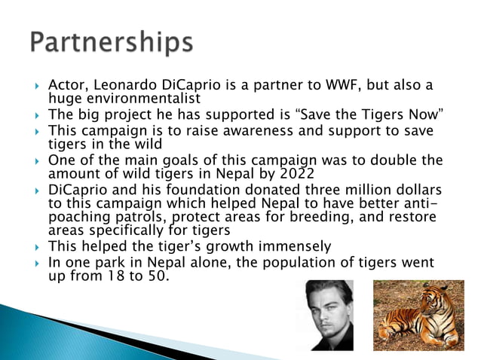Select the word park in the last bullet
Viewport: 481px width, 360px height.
click(117, 262)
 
